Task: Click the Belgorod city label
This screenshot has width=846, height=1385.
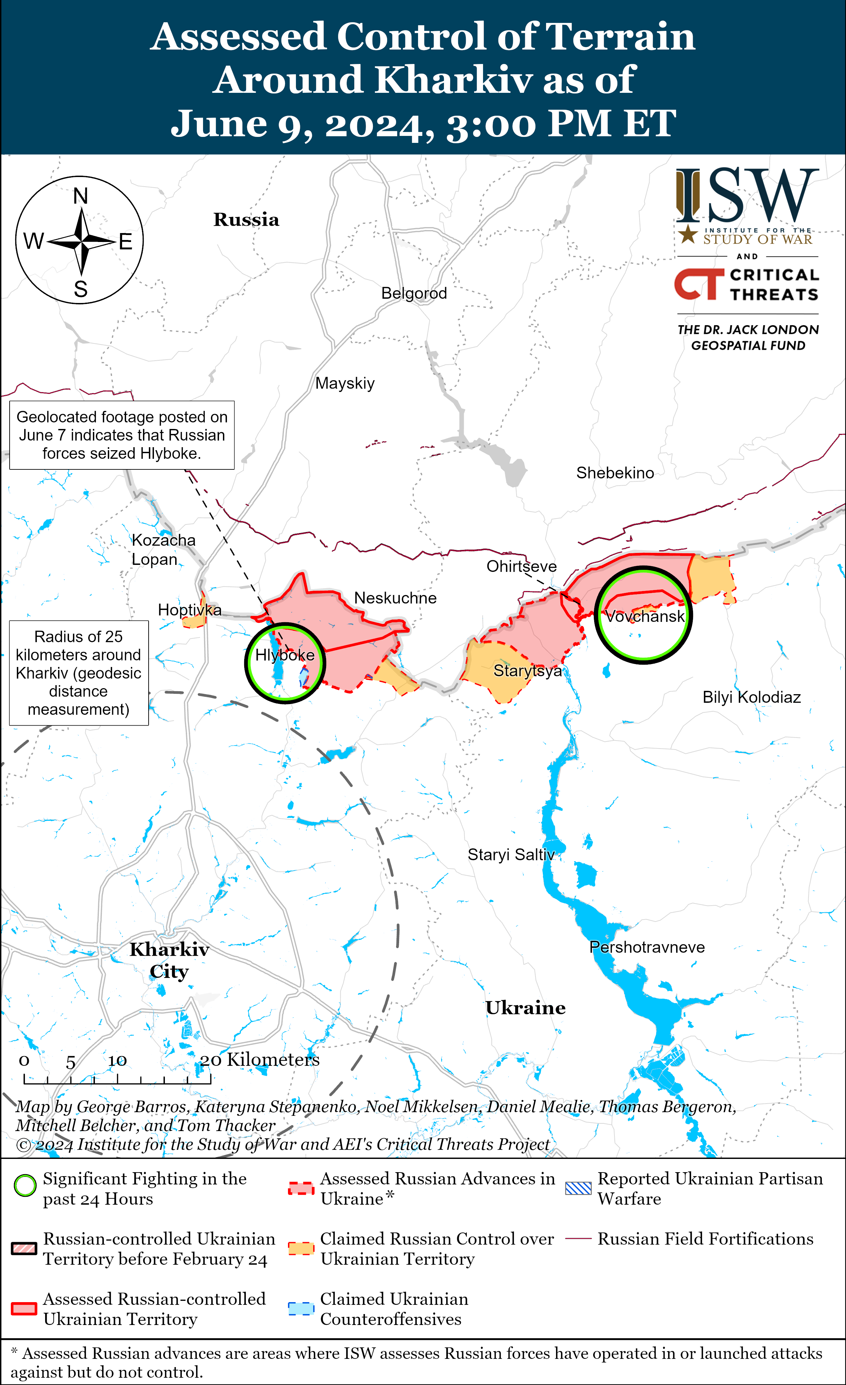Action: [x=414, y=293]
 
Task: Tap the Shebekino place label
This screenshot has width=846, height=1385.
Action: [x=615, y=473]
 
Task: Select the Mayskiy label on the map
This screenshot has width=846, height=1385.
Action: [x=345, y=383]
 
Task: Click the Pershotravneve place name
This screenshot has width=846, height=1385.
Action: [x=647, y=947]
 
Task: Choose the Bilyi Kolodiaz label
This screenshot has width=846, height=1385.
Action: [x=751, y=697]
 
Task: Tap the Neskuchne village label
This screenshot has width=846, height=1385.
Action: [x=395, y=598]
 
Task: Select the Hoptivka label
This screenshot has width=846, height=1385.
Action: [x=189, y=610]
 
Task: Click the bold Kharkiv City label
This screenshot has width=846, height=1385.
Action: [x=169, y=960]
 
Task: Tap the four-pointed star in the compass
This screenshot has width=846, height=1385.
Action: [x=82, y=241]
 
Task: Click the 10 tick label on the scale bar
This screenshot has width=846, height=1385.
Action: [x=117, y=1061]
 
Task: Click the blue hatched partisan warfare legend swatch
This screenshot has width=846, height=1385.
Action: [x=578, y=1188]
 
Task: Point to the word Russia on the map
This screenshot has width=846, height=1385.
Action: [x=247, y=220]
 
